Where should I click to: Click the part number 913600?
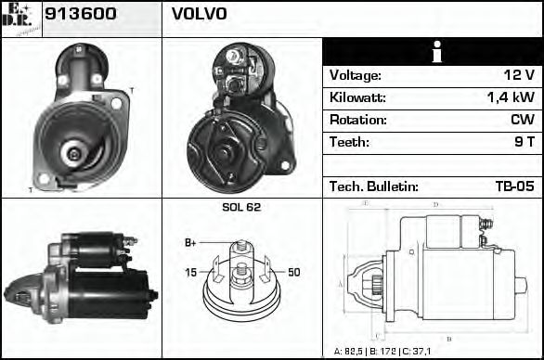click(81, 15)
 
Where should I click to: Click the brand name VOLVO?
click(199, 15)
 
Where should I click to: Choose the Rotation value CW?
click(522, 121)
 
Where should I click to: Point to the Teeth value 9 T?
click(525, 143)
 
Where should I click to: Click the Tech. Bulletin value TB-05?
click(513, 186)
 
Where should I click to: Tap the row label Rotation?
click(357, 121)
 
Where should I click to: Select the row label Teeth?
click(349, 143)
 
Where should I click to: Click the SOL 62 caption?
click(241, 207)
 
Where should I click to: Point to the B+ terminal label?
click(190, 242)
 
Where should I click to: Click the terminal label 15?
click(190, 272)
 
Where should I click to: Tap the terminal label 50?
click(293, 272)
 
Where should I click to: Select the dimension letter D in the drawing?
click(436, 204)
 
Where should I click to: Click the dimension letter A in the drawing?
click(340, 283)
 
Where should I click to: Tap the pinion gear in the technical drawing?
click(376, 284)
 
